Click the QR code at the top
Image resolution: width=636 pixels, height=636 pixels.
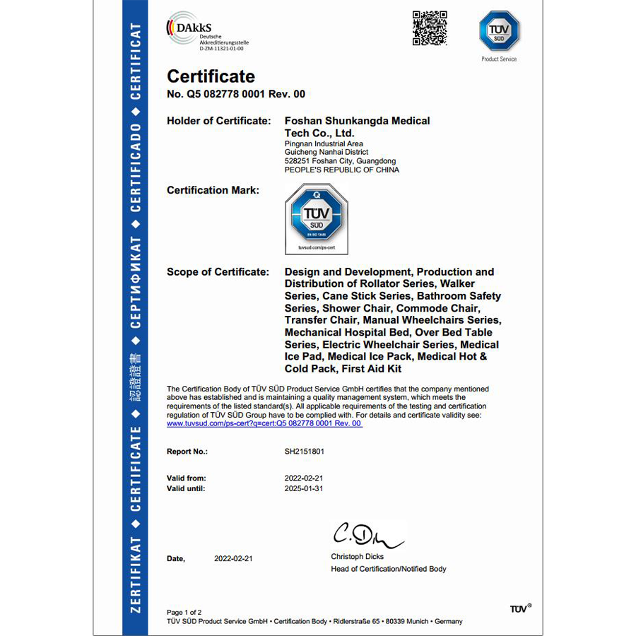[430, 28]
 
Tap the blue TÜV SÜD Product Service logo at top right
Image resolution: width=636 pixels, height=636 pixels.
[499, 32]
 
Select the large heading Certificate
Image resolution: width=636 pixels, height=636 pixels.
[211, 76]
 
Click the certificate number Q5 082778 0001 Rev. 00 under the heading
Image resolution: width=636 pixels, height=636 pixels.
[236, 94]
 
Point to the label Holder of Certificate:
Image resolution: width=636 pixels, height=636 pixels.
[218, 121]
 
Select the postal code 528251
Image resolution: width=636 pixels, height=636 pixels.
[295, 161]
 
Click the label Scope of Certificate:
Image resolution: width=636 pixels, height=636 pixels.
[218, 272]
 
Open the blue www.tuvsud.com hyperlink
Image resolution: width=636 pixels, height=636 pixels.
[264, 423]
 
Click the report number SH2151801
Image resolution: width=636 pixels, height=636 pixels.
[305, 451]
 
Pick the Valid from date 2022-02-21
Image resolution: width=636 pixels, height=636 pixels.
[304, 478]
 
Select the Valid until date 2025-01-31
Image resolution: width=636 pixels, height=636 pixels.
[304, 488]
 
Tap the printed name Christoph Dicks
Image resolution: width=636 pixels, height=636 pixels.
[358, 557]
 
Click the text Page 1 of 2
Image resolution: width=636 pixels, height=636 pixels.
[184, 612]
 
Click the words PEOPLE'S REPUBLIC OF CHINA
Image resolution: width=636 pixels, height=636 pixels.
[341, 170]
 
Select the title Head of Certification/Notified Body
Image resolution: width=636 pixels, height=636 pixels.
[389, 569]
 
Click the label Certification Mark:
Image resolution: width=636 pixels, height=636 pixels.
[213, 190]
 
